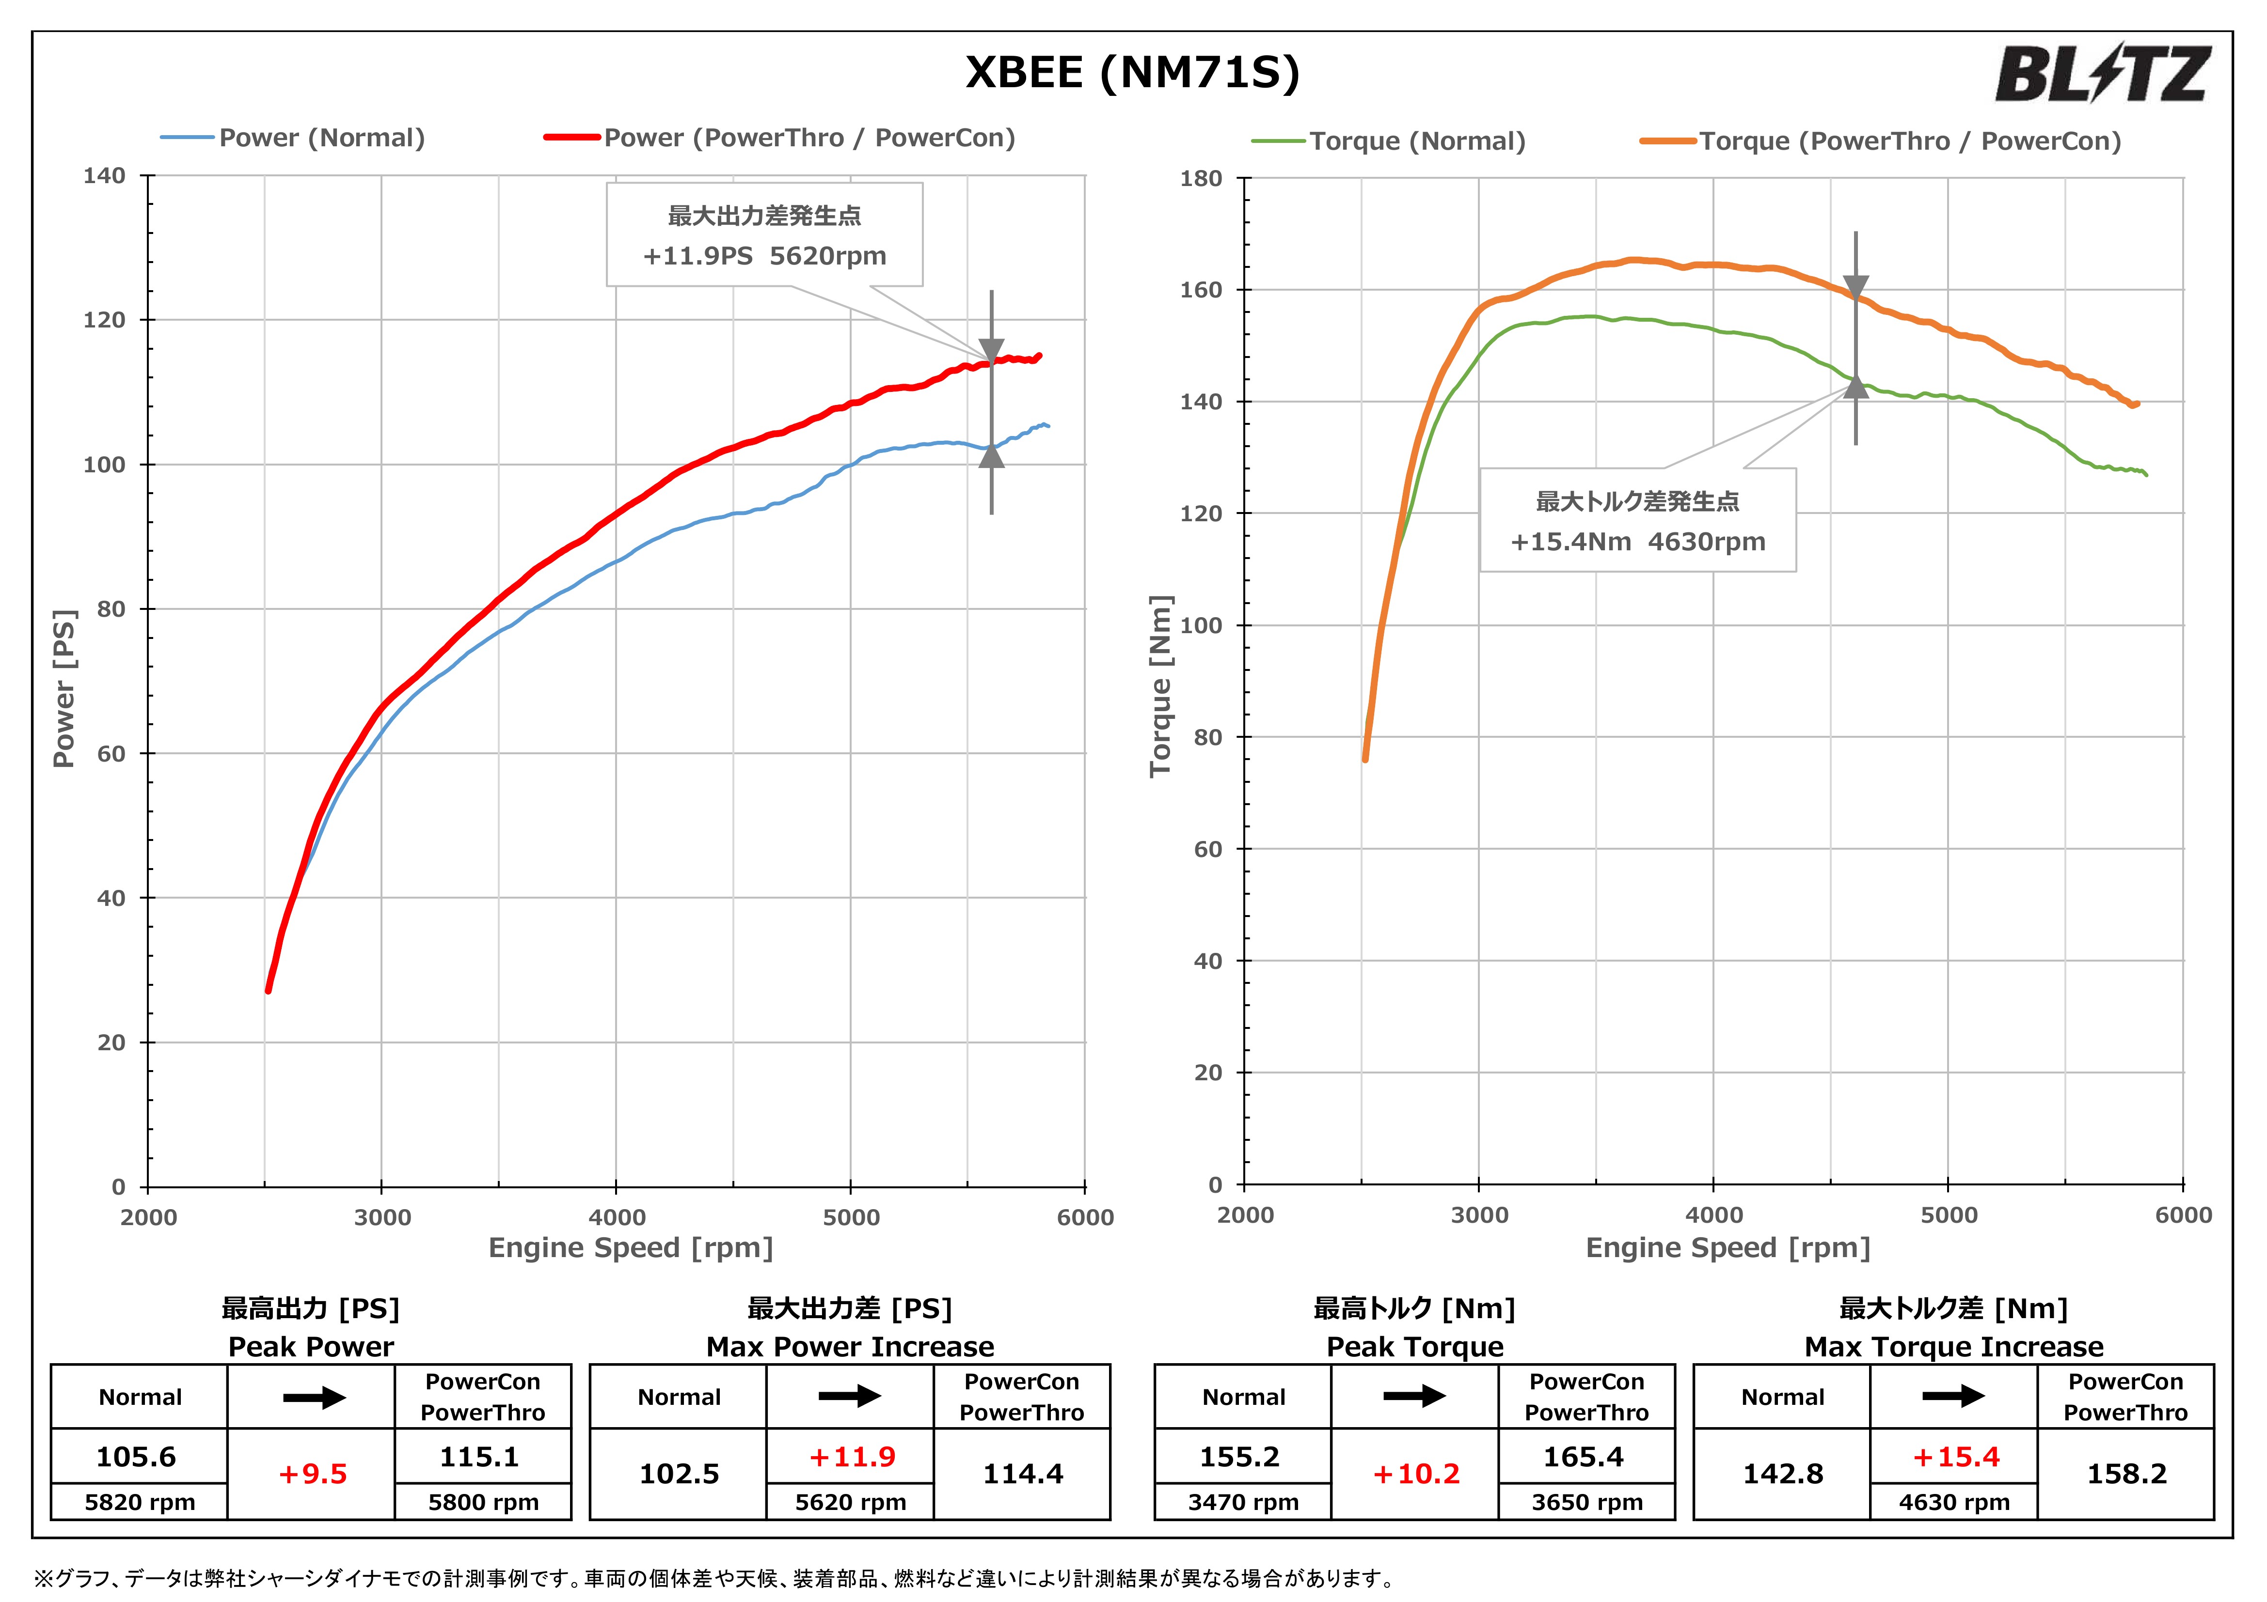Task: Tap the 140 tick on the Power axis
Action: (105, 177)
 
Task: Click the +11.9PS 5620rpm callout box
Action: (764, 235)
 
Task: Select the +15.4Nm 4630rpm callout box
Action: (1637, 520)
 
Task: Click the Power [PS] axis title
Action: (64, 688)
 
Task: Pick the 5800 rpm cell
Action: (483, 1502)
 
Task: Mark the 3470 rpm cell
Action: (1243, 1502)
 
